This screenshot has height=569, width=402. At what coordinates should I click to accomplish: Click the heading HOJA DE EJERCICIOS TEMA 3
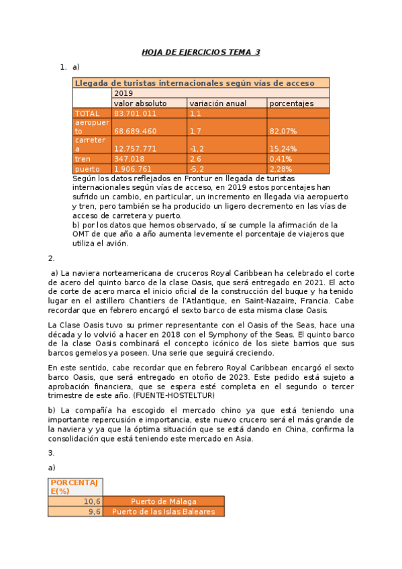[x=201, y=52]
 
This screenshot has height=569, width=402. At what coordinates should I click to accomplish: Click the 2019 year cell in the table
[x=123, y=93]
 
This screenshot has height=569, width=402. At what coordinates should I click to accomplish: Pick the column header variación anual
[x=217, y=103]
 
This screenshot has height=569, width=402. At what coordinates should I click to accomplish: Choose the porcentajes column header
[x=291, y=103]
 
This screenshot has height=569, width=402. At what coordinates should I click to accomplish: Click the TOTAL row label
[x=87, y=113]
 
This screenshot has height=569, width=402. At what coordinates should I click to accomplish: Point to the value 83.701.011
[x=135, y=113]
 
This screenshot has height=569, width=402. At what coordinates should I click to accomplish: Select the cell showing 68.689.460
[x=135, y=131]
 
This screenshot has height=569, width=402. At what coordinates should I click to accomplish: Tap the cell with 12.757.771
[x=135, y=148]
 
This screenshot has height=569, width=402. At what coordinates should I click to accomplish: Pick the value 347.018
[x=130, y=159]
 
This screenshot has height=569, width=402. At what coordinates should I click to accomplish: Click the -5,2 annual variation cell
[x=197, y=169]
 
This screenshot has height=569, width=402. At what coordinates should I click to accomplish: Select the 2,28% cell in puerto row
[x=281, y=169]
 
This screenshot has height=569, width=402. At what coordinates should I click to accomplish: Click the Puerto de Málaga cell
[x=164, y=501]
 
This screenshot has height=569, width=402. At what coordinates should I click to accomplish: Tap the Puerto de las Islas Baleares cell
[x=164, y=511]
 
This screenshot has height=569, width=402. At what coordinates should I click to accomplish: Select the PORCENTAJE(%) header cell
[x=74, y=486]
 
